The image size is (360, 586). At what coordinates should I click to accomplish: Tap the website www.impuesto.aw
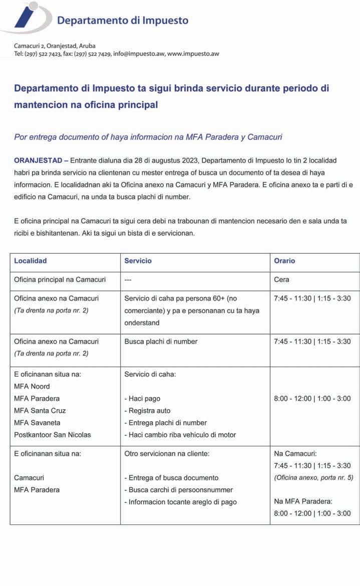193,54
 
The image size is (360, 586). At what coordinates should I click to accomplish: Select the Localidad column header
30,261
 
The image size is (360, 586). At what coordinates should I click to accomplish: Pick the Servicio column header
138,261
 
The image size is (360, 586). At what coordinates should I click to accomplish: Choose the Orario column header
284,261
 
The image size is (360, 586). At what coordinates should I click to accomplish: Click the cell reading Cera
281,279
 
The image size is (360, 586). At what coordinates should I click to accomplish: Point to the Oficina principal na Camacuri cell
60,279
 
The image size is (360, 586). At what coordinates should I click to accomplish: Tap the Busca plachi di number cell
161,342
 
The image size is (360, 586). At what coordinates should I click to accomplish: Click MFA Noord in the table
32,386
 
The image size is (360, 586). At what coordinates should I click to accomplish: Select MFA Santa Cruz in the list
40,411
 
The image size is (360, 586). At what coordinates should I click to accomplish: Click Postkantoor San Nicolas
53,435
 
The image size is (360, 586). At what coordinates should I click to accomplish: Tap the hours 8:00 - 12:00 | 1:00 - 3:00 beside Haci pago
312,399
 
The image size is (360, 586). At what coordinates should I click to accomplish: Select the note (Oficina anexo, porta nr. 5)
313,478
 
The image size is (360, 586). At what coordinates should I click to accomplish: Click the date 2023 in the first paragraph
189,160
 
